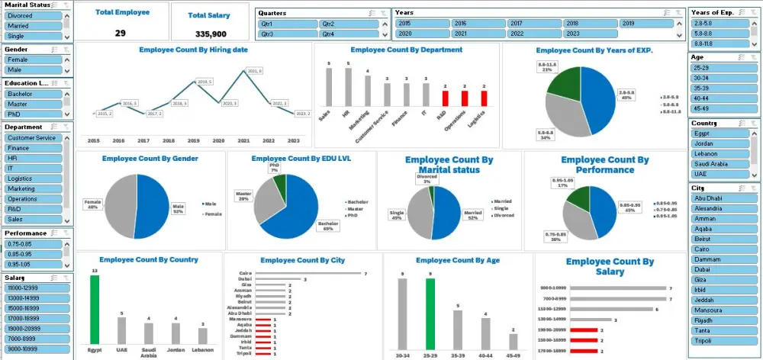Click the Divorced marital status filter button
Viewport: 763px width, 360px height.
(x=31, y=15)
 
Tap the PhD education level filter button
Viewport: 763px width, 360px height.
(x=31, y=114)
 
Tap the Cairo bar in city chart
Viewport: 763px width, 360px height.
(x=308, y=274)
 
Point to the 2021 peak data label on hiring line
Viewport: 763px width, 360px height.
(x=254, y=71)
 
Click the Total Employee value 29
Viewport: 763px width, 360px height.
(x=121, y=33)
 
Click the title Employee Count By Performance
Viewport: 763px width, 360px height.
(x=604, y=165)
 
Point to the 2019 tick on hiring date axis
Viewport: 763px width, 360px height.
(x=194, y=141)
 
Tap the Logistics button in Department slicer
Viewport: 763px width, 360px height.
(x=31, y=178)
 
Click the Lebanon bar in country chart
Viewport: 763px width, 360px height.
(x=202, y=334)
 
